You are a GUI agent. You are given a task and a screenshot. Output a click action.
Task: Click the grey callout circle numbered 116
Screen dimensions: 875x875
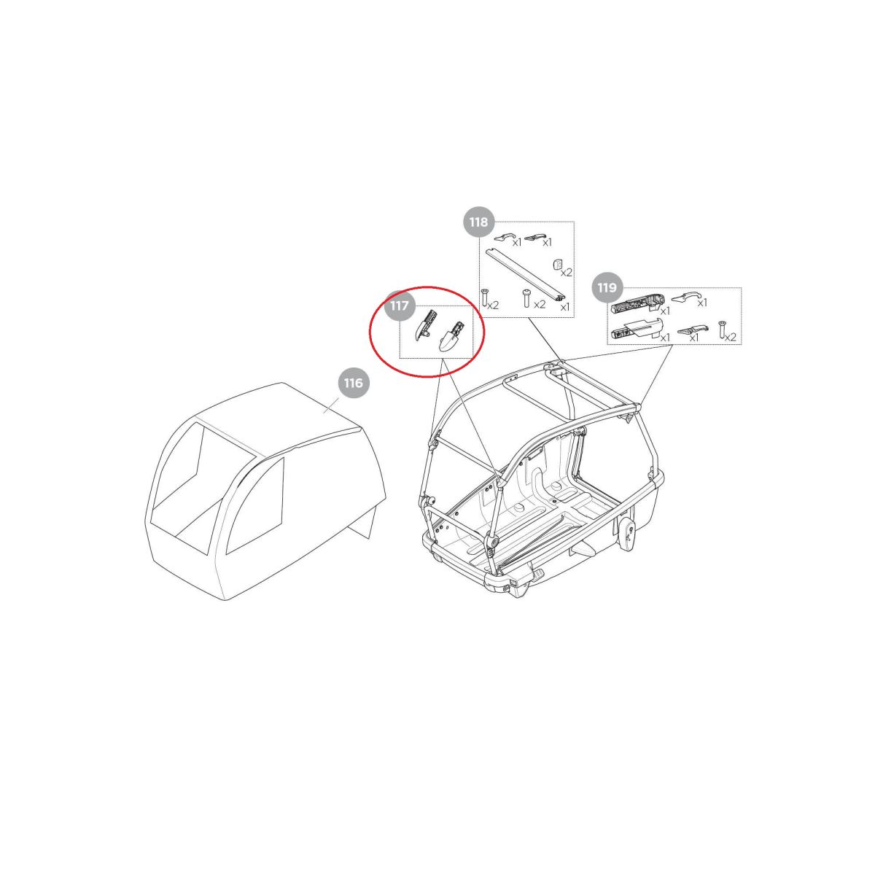(x=353, y=383)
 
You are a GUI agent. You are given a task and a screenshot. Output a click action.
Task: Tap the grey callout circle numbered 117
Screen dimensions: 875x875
(x=399, y=306)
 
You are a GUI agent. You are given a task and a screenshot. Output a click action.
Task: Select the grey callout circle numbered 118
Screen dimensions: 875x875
(x=478, y=222)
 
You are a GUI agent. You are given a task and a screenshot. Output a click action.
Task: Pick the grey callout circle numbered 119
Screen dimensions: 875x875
(x=607, y=287)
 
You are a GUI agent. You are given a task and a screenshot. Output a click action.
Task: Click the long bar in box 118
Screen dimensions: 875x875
(x=526, y=274)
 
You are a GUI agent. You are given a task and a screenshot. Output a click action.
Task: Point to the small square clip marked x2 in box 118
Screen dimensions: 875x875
(x=557, y=264)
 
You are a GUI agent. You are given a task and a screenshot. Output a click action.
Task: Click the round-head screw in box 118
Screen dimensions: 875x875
(x=526, y=298)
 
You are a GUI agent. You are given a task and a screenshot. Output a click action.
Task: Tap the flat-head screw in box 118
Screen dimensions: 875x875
(x=484, y=297)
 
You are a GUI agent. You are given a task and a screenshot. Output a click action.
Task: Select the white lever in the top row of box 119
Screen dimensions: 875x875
(x=685, y=297)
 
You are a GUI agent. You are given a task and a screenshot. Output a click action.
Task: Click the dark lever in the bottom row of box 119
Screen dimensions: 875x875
(x=691, y=330)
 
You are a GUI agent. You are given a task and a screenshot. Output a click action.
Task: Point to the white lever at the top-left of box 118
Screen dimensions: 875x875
(x=504, y=237)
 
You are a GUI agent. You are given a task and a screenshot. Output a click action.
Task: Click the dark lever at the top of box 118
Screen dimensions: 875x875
(x=535, y=237)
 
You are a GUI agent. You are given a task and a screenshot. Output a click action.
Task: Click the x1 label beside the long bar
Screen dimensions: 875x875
(x=565, y=308)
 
